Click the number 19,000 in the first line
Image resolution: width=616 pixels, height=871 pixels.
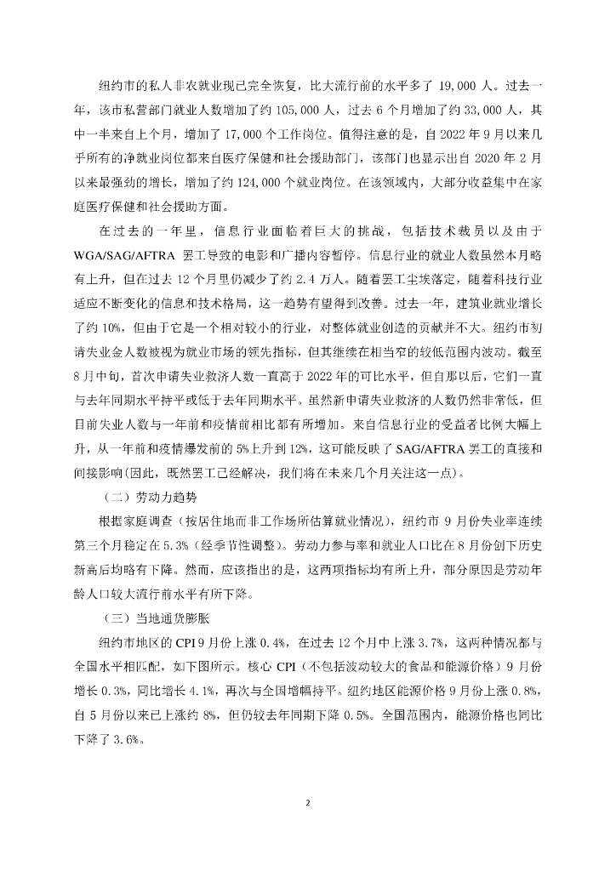pos(463,86)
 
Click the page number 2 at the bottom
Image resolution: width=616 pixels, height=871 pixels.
pos(308,802)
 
